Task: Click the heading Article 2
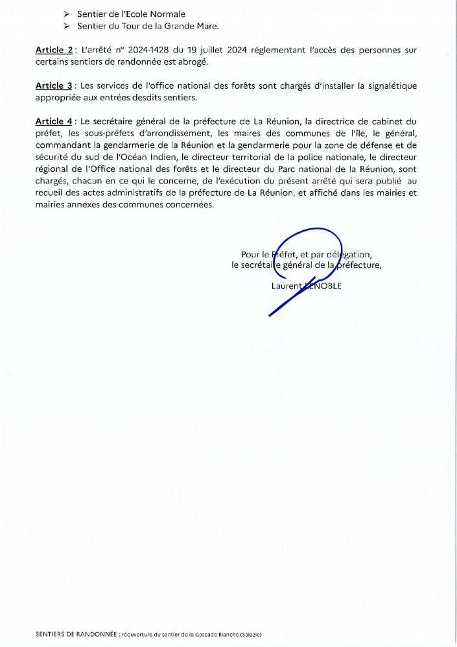[x=54, y=50]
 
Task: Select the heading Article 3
[x=54, y=86]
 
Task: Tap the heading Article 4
[x=54, y=121]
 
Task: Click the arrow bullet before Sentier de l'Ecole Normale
[x=66, y=14]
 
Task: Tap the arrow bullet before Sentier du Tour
[x=66, y=26]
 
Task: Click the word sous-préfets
[x=91, y=134]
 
